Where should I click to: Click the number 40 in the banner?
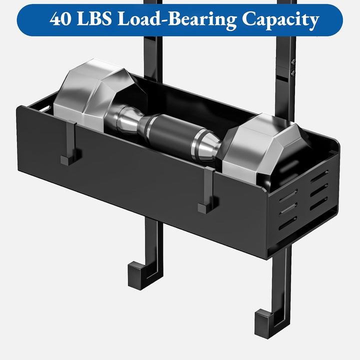[x=60, y=18]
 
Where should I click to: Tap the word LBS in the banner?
[x=94, y=18]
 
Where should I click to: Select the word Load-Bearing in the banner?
[x=177, y=19]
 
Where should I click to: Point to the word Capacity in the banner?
[x=280, y=20]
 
